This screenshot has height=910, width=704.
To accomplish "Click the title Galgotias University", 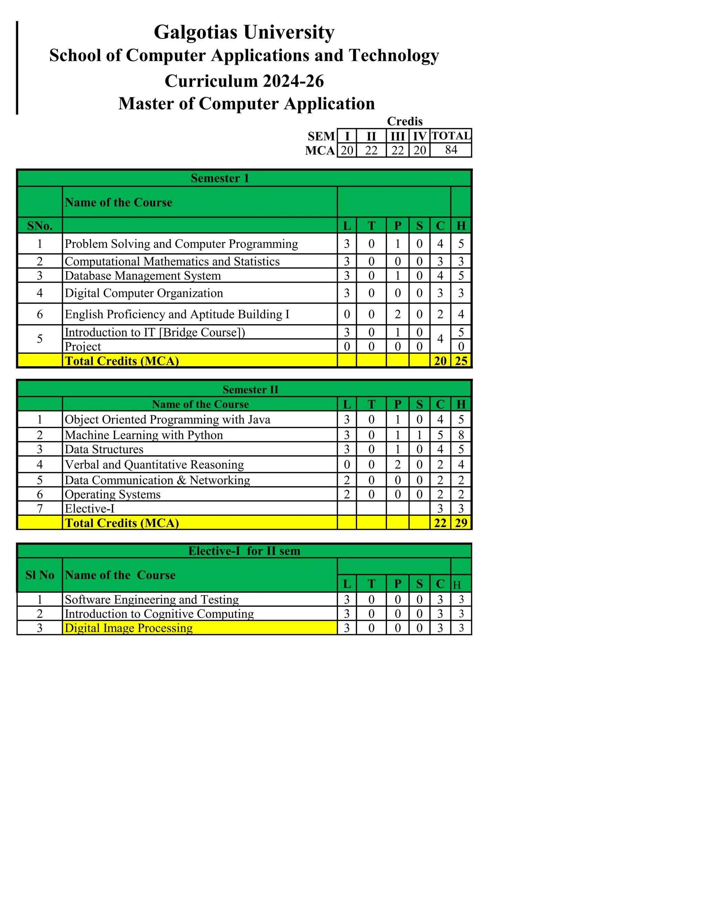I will pyautogui.click(x=244, y=32).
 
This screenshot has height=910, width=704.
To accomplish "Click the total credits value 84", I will pyautogui.click(x=451, y=150).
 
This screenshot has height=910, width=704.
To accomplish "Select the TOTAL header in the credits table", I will pyautogui.click(x=451, y=136).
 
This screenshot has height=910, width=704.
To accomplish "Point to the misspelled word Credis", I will pyautogui.click(x=405, y=121).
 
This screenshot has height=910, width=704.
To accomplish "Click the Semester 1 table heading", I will pyautogui.click(x=220, y=178).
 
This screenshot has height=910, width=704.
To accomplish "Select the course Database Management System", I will pyautogui.click(x=143, y=276).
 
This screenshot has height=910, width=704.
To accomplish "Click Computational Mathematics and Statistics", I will pyautogui.click(x=172, y=262).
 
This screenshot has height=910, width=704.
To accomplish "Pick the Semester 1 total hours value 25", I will pyautogui.click(x=461, y=361).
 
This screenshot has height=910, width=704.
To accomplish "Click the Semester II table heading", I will pyautogui.click(x=250, y=390).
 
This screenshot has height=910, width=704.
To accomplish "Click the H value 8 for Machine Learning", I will pyautogui.click(x=461, y=435).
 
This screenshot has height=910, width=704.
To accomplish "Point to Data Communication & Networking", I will pyautogui.click(x=157, y=480).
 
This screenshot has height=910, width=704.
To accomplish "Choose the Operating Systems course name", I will pyautogui.click(x=113, y=494).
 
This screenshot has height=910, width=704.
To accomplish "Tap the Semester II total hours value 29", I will pyautogui.click(x=461, y=523).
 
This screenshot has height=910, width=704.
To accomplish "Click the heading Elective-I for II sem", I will pyautogui.click(x=244, y=551).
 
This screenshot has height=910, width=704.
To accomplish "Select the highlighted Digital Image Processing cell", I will pyautogui.click(x=129, y=628).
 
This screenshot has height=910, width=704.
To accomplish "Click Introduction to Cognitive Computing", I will pyautogui.click(x=159, y=614).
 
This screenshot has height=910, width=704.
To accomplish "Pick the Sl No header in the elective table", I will pyautogui.click(x=40, y=575).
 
